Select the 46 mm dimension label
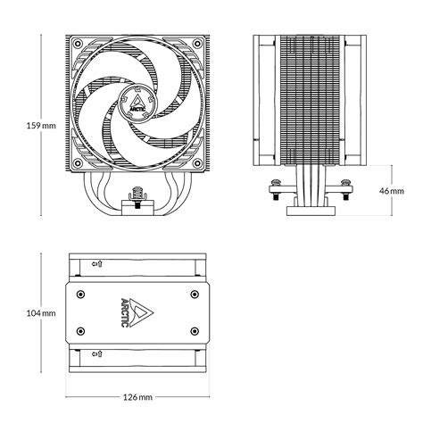[400, 190]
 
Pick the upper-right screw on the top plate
[195, 293]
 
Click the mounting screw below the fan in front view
[139, 194]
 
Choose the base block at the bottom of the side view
[307, 211]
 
